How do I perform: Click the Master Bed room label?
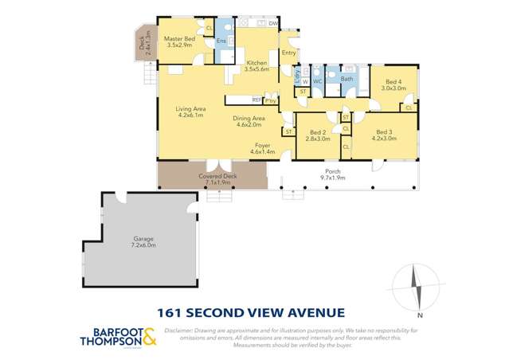pos(179,39)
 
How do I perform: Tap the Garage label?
pos(143,239)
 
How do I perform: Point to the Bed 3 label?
pos(384,132)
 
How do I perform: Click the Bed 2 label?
pos(318,132)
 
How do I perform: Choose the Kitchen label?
pos(256,63)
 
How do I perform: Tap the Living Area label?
pos(190,108)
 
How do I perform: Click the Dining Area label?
pos(248,119)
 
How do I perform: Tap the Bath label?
pos(347,79)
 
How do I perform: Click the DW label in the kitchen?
pos(272,24)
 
